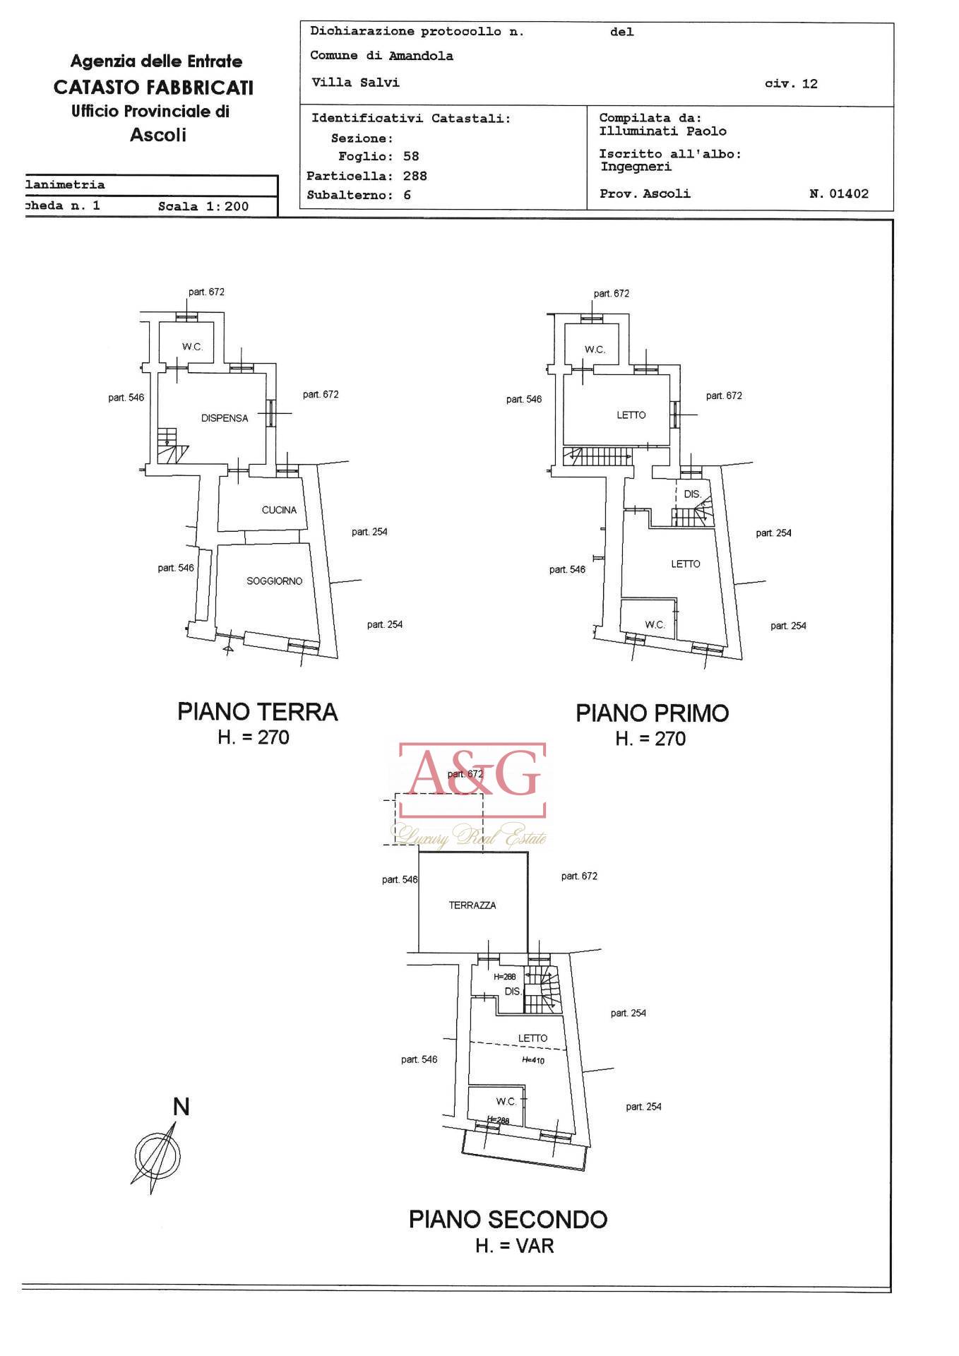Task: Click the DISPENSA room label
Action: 225,418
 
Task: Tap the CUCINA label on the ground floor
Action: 279,510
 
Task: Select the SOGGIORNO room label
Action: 274,581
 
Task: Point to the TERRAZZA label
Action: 472,905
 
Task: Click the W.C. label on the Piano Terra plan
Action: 192,347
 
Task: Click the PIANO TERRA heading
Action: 258,712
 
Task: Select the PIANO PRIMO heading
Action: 653,713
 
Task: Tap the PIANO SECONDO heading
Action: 508,1220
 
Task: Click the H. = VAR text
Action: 515,1247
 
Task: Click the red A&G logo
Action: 472,780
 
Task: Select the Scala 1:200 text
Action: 203,207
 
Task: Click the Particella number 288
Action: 415,176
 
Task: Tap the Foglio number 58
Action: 411,156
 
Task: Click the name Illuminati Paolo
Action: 663,131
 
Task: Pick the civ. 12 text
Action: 791,84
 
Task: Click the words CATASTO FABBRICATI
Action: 153,88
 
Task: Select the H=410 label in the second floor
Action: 533,1060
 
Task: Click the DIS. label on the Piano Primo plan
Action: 693,494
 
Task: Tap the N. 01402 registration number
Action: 839,194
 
